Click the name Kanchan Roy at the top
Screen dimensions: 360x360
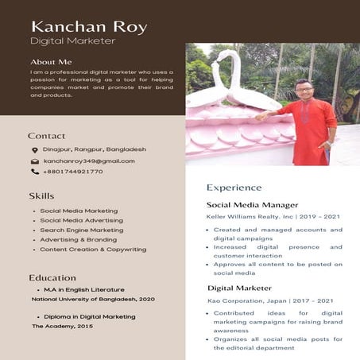point(88,27)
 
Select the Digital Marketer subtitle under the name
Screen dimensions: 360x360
point(72,41)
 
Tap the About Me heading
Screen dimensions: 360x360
point(51,62)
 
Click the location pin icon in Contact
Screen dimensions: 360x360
point(35,149)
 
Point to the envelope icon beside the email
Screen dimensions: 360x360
point(35,161)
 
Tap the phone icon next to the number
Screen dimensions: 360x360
point(35,172)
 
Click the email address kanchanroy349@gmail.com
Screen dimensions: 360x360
point(89,161)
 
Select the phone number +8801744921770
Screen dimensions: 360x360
point(73,172)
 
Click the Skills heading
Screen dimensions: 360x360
point(41,195)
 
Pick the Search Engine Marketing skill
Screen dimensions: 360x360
point(82,230)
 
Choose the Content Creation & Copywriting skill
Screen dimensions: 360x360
point(93,250)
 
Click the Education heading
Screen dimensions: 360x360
point(52,278)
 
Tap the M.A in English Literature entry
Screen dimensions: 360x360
point(84,290)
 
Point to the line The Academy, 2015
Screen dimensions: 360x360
point(62,327)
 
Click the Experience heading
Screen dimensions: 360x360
point(234,188)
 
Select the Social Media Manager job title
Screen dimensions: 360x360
point(252,205)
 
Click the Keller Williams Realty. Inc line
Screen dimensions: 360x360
point(261,216)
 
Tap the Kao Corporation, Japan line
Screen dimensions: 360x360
point(259,301)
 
